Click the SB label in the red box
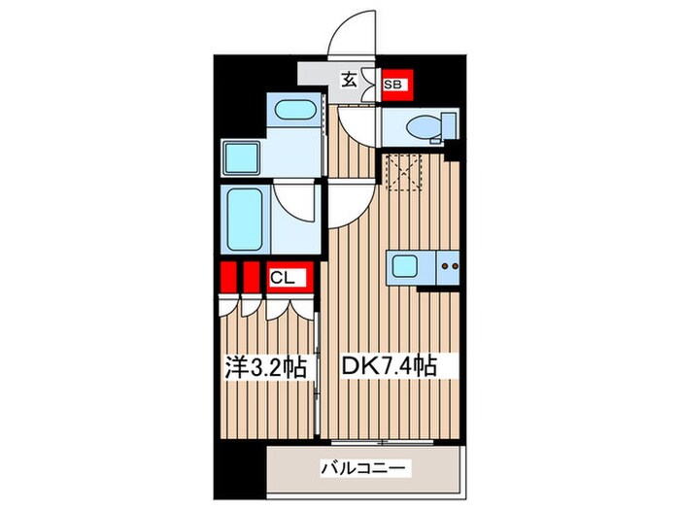point(393,85)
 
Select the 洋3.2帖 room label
point(267,367)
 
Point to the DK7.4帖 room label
point(387,367)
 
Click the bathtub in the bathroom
point(250,210)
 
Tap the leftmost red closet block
point(229,278)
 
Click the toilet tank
point(449,125)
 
